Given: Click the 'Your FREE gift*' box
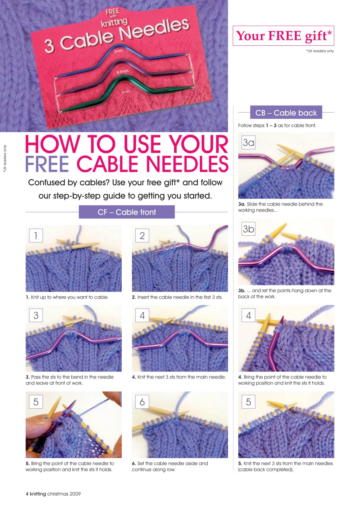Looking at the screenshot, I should [283, 36].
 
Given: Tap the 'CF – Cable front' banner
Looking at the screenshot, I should [126, 212].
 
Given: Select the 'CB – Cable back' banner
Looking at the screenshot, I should [286, 113].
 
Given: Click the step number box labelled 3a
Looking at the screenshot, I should [249, 143].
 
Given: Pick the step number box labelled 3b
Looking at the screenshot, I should [249, 229].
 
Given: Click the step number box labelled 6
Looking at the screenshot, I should [142, 402].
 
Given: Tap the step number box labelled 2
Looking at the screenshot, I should [142, 236].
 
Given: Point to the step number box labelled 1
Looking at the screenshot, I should [36, 236].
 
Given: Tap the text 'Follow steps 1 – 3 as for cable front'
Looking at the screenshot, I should [277, 126].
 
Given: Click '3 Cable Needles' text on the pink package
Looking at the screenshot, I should [115, 36].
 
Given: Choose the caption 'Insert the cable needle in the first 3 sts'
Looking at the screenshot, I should [177, 297].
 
